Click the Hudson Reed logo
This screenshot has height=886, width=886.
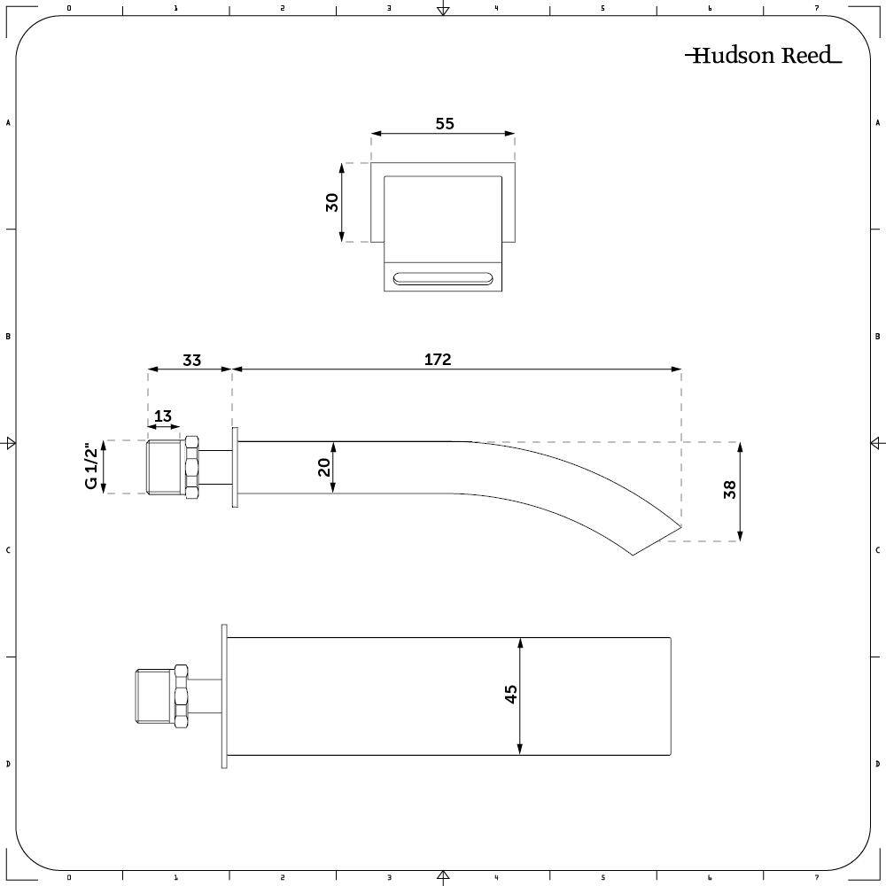click(764, 55)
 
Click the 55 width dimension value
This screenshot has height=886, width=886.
click(445, 124)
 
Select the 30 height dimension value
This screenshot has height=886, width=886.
click(332, 202)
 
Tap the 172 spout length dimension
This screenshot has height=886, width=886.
click(438, 360)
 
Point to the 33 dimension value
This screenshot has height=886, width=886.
click(192, 360)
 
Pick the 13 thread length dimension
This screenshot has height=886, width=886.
click(163, 416)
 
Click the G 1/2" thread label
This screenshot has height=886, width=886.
click(91, 466)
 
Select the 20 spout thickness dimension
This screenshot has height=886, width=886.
click(323, 467)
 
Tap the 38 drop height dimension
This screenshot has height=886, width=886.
click(729, 489)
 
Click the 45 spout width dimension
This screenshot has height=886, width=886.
click(510, 694)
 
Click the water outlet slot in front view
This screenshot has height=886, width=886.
click(443, 278)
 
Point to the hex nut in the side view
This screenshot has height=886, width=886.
click(192, 467)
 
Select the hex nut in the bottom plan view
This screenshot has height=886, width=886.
click(182, 696)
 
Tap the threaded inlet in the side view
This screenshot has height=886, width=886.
click(166, 467)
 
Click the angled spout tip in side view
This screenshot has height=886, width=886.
click(680, 525)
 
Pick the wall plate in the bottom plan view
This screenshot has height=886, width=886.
click(224, 696)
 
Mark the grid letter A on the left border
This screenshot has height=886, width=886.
click(8, 122)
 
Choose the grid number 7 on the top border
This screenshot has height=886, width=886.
click(817, 8)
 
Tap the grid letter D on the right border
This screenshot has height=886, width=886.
click(877, 764)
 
